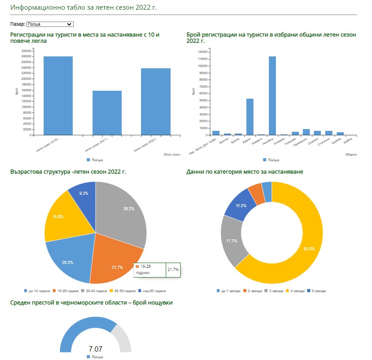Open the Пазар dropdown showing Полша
click(49, 24)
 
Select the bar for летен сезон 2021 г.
click(107, 113)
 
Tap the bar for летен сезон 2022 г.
click(156, 101)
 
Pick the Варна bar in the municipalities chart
click(250, 117)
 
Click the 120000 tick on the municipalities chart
click(202, 52)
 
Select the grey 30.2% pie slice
click(123, 212)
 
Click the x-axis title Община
click(351, 155)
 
